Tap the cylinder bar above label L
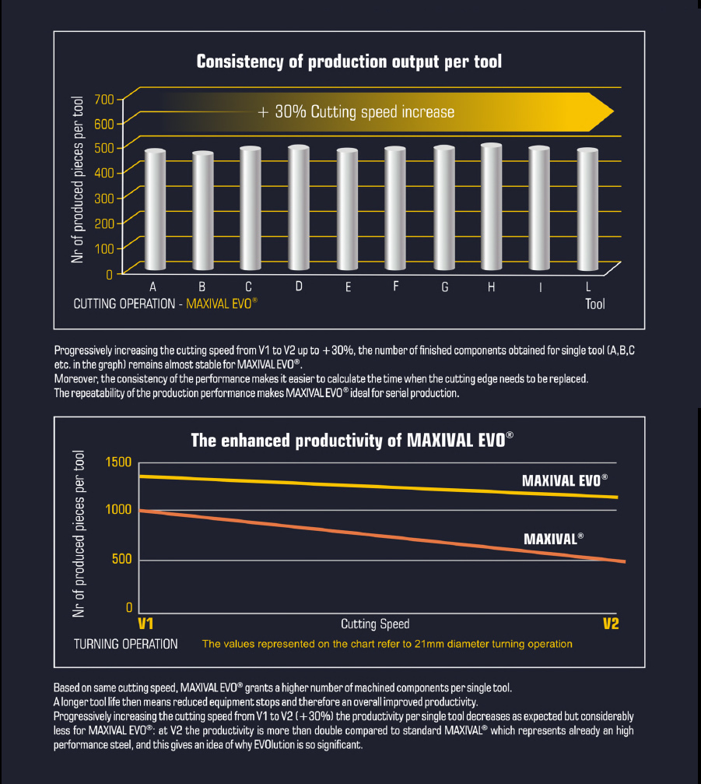tap(587, 210)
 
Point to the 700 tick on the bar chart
tap(104, 98)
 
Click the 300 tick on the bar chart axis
tap(104, 198)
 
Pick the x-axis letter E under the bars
tap(348, 287)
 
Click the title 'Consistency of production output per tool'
tap(349, 62)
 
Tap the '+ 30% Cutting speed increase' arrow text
tap(356, 112)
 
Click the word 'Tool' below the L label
tap(594, 304)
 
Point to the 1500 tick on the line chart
tap(119, 462)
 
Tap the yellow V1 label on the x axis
tap(145, 624)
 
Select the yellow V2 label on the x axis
tap(611, 624)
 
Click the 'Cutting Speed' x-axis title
tap(375, 624)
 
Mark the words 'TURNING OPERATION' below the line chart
tap(126, 644)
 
